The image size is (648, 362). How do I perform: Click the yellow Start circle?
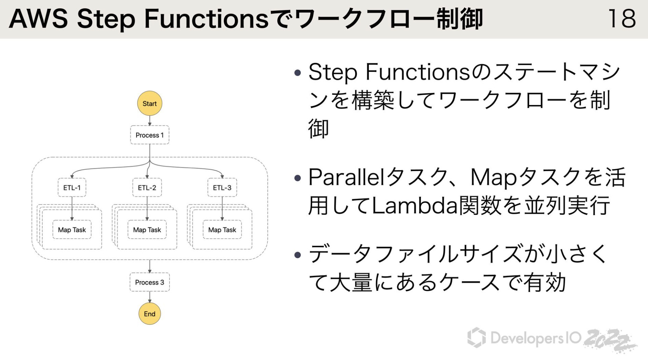[149, 103]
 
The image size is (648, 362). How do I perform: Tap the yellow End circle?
[149, 313]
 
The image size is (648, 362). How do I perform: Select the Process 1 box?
[149, 135]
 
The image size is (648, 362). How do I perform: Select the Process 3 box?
[149, 282]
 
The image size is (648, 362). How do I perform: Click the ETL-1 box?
[72, 187]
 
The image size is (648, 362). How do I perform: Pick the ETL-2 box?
[147, 187]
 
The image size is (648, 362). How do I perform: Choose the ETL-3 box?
[222, 187]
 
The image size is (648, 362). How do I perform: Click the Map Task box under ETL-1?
[72, 230]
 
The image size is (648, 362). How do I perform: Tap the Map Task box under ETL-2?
[147, 230]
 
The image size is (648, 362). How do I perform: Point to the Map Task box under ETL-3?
[222, 230]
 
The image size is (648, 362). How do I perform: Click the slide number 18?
[622, 19]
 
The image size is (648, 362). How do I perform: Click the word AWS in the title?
[38, 19]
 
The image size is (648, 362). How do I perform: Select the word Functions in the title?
[206, 19]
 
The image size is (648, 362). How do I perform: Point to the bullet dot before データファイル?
[298, 255]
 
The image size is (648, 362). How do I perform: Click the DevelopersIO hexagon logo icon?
[477, 337]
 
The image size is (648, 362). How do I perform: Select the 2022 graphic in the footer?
[610, 340]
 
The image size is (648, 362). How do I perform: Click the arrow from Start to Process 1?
[149, 120]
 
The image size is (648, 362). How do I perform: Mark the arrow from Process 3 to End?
[149, 297]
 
